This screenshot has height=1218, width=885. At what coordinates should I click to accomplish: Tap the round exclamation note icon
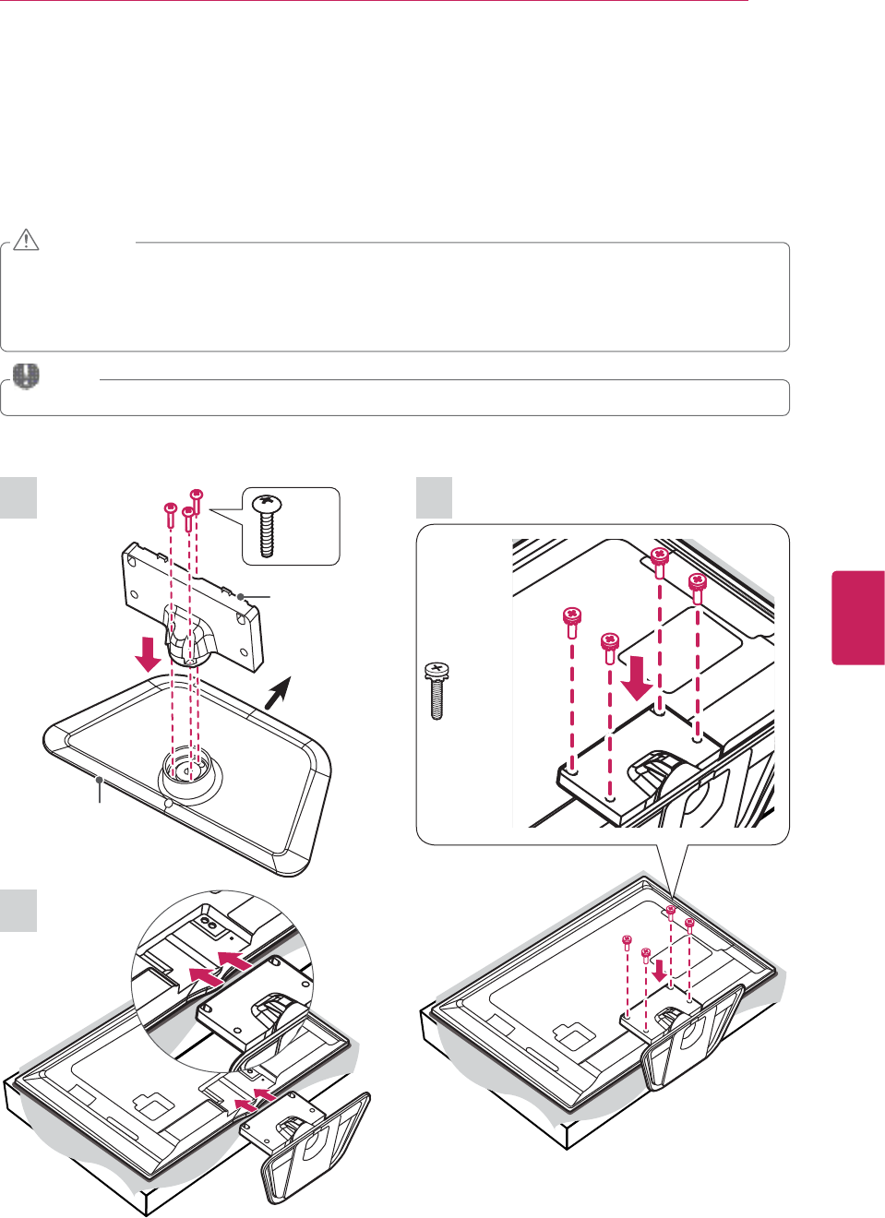point(27,376)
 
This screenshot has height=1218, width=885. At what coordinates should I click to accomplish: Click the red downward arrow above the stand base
point(148,653)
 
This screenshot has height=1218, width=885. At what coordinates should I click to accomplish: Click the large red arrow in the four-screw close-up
point(636,677)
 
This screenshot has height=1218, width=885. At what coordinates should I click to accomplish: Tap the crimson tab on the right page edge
point(858,617)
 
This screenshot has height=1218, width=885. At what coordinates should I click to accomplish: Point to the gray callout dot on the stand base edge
point(100,780)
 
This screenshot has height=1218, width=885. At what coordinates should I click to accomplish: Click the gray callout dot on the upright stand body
point(240,597)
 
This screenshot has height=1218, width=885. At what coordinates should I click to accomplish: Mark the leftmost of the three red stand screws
point(171,510)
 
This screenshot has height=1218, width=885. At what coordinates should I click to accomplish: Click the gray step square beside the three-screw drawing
point(18,497)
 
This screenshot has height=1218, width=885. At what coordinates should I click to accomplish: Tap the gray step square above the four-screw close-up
point(434,497)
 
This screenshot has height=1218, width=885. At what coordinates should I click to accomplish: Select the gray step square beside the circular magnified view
point(18,911)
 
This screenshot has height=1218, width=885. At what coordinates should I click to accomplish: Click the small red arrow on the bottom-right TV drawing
point(659,970)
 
